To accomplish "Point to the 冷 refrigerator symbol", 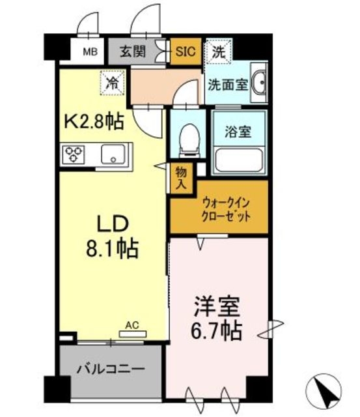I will click(x=113, y=83).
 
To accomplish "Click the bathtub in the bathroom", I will click(x=238, y=158).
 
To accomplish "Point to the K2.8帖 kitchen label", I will click(x=93, y=121).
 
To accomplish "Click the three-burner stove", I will click(x=74, y=155).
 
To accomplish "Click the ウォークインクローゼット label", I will click(x=218, y=209).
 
